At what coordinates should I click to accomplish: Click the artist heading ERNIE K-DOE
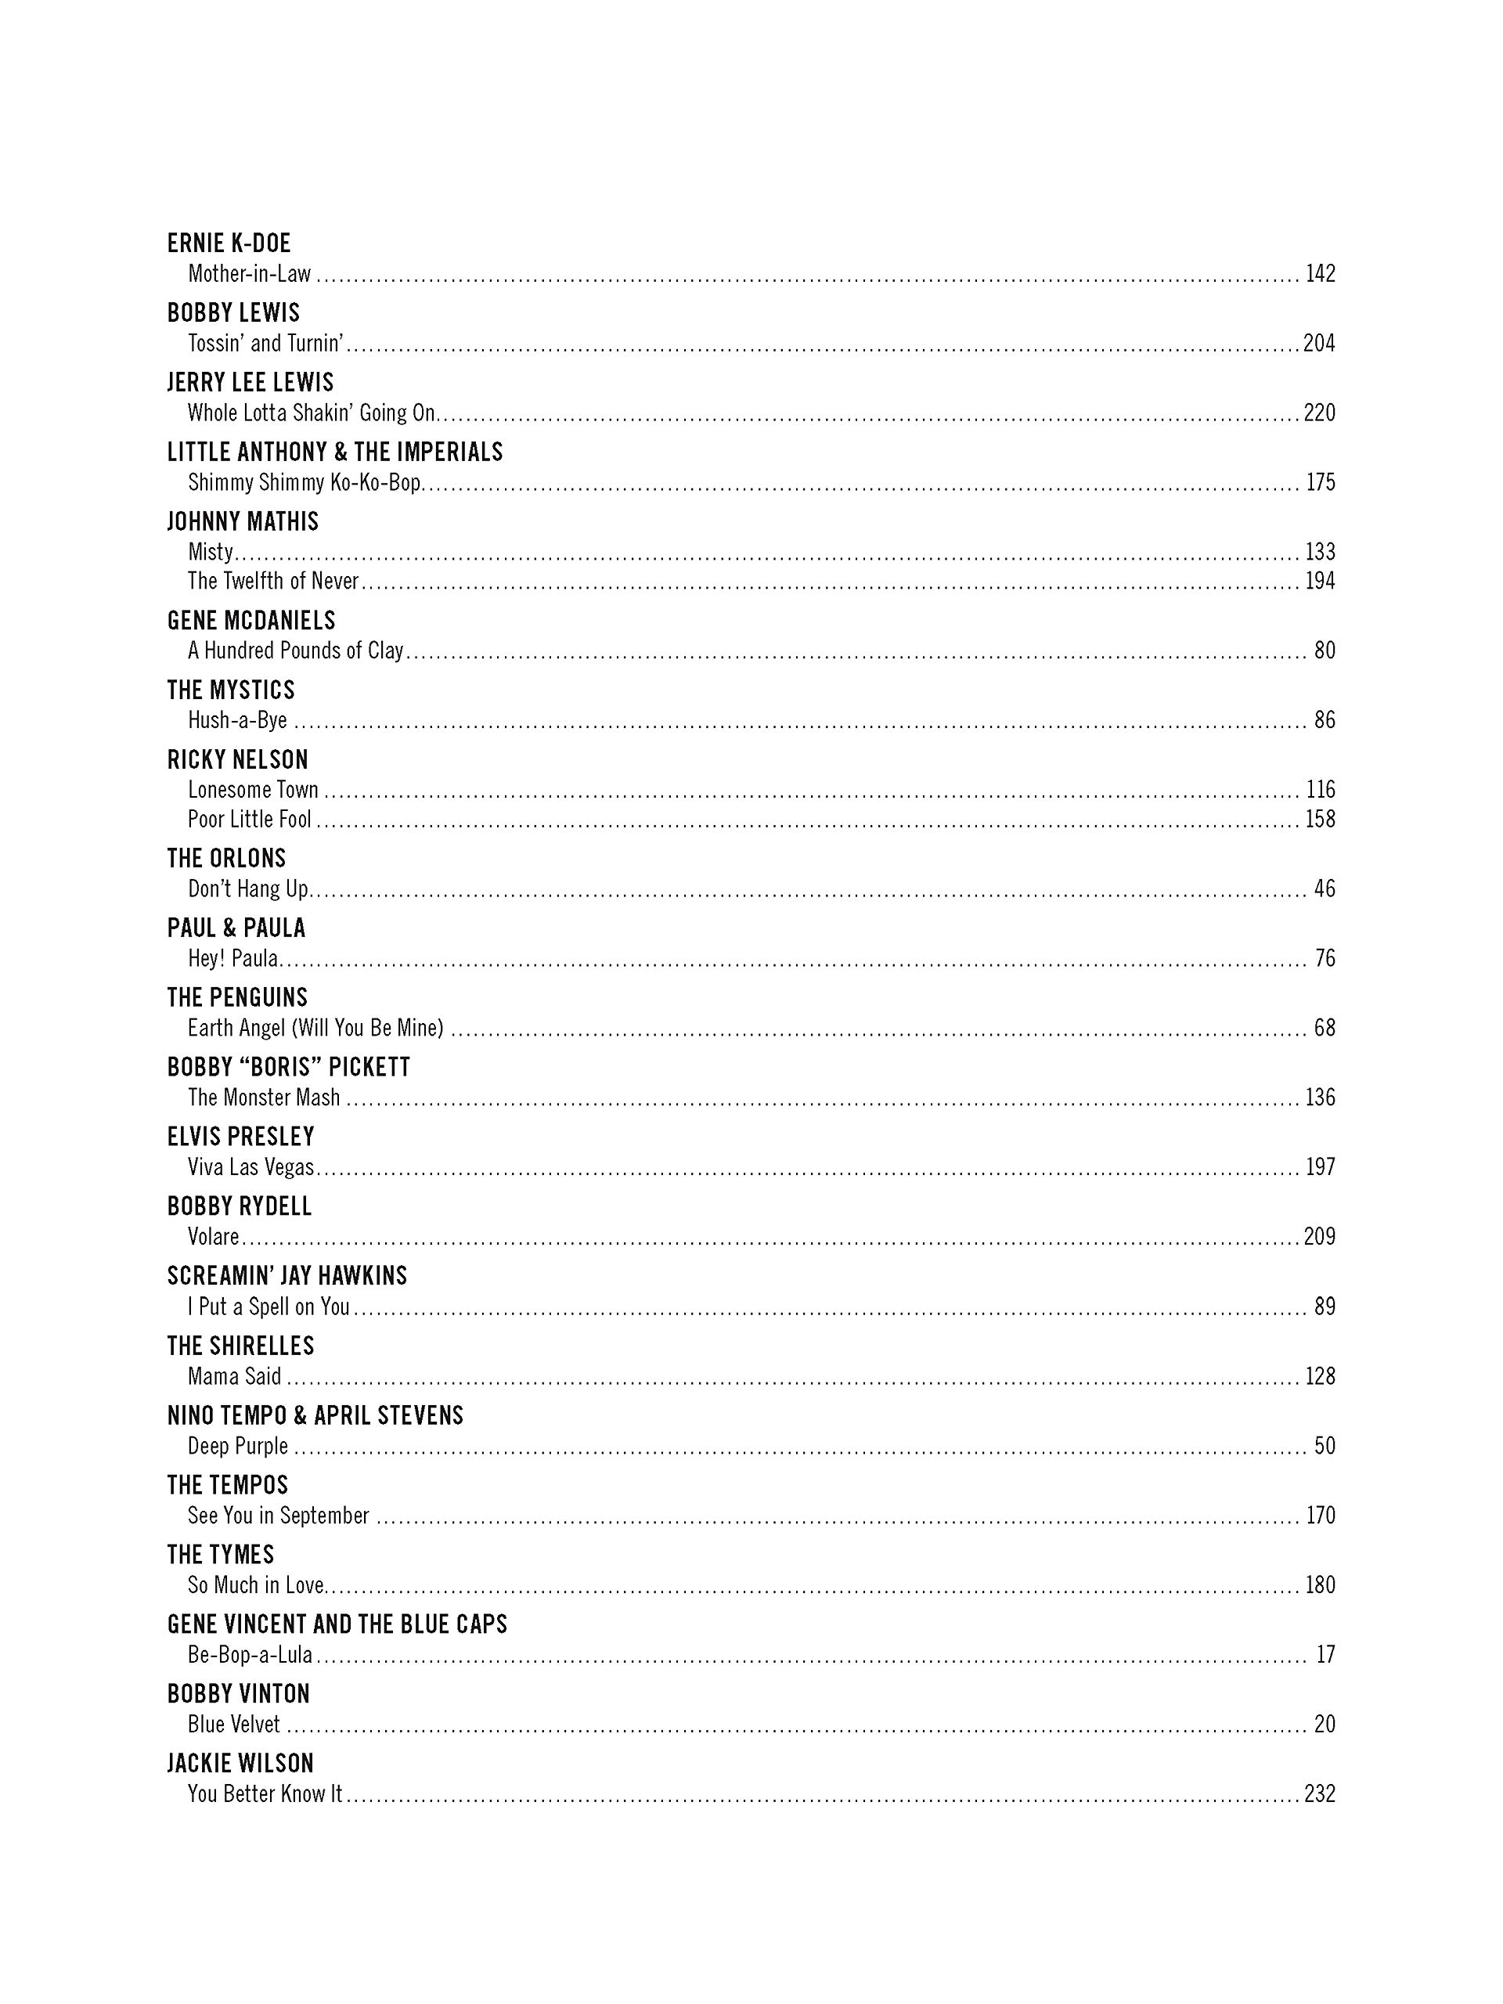click(229, 243)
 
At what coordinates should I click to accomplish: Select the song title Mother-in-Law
click(249, 274)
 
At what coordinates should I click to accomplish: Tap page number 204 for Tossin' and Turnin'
click(1318, 344)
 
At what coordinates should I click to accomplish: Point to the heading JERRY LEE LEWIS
click(250, 382)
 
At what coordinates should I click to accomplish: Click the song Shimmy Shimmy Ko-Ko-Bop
click(305, 482)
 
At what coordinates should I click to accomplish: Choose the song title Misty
click(210, 552)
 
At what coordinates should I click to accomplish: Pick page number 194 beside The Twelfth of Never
click(1320, 581)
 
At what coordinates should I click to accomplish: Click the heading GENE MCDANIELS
click(251, 621)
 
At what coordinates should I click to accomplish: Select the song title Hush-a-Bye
click(237, 720)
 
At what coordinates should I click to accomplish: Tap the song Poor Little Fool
click(249, 819)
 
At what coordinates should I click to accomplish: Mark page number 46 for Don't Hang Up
click(1325, 888)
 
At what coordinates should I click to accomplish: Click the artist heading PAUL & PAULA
click(236, 928)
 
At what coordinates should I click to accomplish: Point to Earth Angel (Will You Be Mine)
click(315, 1027)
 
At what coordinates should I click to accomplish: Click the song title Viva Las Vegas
click(251, 1167)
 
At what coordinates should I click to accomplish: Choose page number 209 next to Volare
click(1318, 1237)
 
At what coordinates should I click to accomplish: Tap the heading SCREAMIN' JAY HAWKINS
click(287, 1276)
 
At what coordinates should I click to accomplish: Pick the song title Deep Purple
click(237, 1446)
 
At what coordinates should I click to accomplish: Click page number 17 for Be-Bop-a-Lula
click(1325, 1654)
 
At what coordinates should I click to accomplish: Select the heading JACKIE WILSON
click(240, 1763)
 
